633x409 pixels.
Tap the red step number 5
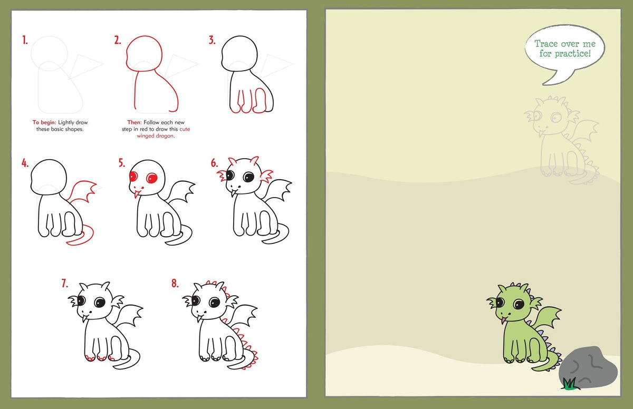(122, 163)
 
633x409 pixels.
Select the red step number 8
(175, 284)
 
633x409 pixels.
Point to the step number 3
(212, 40)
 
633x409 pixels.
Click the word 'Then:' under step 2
(135, 122)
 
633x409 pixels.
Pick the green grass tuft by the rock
(569, 384)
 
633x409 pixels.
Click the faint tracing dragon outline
(562, 142)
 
